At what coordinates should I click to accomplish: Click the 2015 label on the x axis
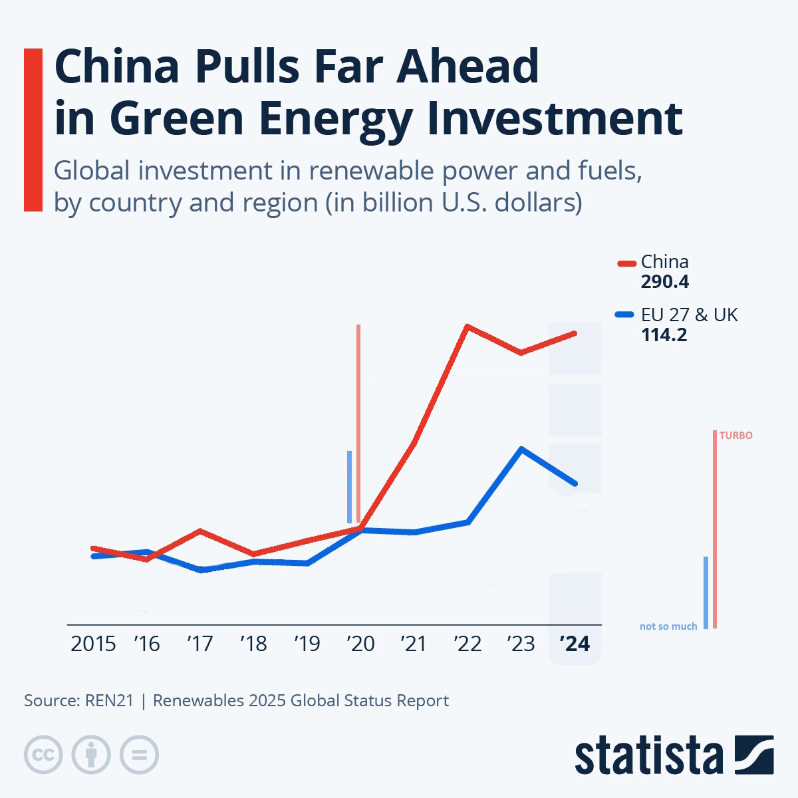point(93,644)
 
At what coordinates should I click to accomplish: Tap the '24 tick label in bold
point(575,644)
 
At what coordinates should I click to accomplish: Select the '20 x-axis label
point(360,644)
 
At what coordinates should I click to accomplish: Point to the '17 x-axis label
point(199,644)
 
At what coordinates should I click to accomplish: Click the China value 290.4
point(664,282)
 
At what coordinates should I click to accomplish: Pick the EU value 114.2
point(664,335)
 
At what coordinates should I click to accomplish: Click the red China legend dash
point(626,263)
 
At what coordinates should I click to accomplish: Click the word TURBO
point(735,436)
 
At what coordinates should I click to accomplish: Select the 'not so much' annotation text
point(668,626)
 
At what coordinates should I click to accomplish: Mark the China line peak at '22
point(467,327)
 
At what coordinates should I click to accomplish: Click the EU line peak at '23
point(522,449)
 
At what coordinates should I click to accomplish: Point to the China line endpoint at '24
point(575,333)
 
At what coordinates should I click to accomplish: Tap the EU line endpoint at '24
point(575,483)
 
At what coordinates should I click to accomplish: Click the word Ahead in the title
point(467,66)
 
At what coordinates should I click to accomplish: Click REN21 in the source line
point(109,701)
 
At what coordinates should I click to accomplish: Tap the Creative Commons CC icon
point(43,755)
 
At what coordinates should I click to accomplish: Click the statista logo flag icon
point(754,755)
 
